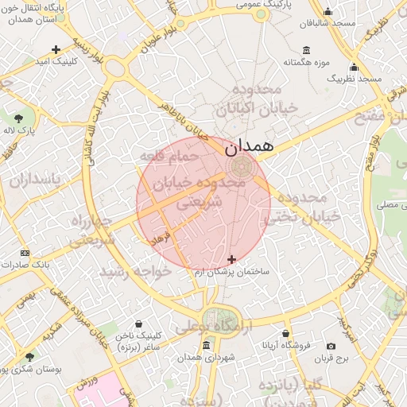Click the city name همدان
click(249, 146)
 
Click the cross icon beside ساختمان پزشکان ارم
click(232, 259)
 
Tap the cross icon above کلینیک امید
click(55, 49)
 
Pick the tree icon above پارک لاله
click(18, 117)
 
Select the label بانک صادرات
click(25, 264)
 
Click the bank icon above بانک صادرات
click(25, 253)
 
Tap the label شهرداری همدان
click(208, 359)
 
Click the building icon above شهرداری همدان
click(207, 346)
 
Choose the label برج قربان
click(333, 358)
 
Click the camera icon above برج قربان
click(331, 346)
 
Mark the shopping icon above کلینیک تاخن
click(140, 324)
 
